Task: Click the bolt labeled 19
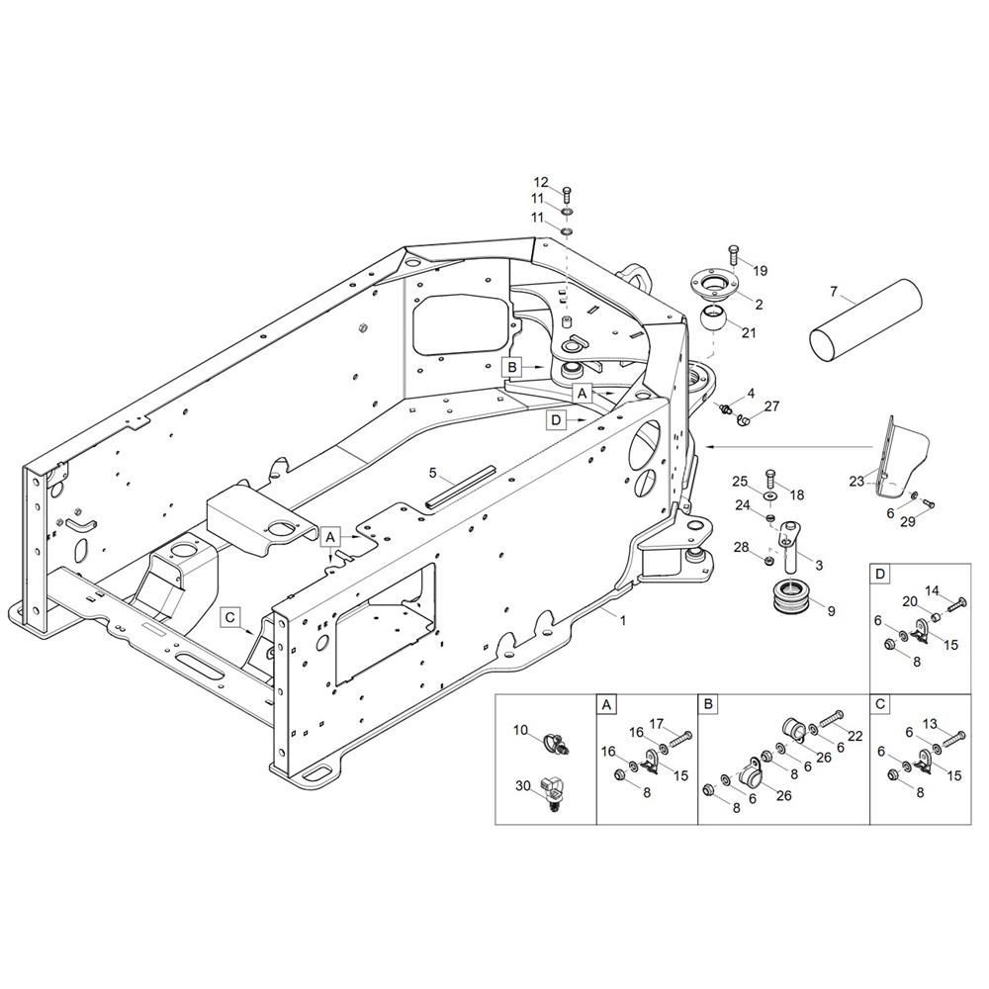(x=734, y=255)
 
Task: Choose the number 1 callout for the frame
(x=622, y=620)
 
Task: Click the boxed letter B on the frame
(x=512, y=367)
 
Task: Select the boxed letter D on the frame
(x=556, y=419)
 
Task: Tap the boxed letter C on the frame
(x=229, y=617)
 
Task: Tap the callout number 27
(x=772, y=405)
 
